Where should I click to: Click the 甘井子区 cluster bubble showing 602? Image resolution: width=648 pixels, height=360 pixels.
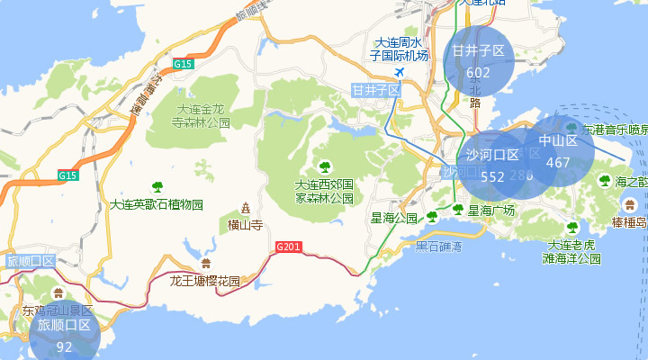point(479,61)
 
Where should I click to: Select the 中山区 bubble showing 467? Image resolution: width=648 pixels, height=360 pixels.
point(558,151)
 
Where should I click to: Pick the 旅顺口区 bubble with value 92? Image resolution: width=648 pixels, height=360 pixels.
point(64,335)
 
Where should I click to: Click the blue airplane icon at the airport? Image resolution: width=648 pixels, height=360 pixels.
point(400,72)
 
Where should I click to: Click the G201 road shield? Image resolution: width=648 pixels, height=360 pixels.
point(288,247)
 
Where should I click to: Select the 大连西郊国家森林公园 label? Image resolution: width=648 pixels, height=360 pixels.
point(324,191)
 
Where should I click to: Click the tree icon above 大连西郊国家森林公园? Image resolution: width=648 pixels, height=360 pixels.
point(324,166)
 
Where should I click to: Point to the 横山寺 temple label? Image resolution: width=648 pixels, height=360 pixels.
point(245,225)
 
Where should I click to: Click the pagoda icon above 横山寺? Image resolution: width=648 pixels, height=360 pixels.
point(245,208)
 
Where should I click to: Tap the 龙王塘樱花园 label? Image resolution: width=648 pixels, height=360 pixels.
point(205,281)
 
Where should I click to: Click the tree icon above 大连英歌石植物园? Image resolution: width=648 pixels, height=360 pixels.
point(157,187)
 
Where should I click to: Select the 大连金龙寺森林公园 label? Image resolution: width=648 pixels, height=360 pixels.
point(201,115)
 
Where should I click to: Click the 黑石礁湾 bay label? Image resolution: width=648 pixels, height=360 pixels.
point(438,246)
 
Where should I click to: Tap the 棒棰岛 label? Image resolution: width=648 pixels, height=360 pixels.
point(628,222)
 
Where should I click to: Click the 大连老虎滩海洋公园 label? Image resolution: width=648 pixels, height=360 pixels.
point(571,251)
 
